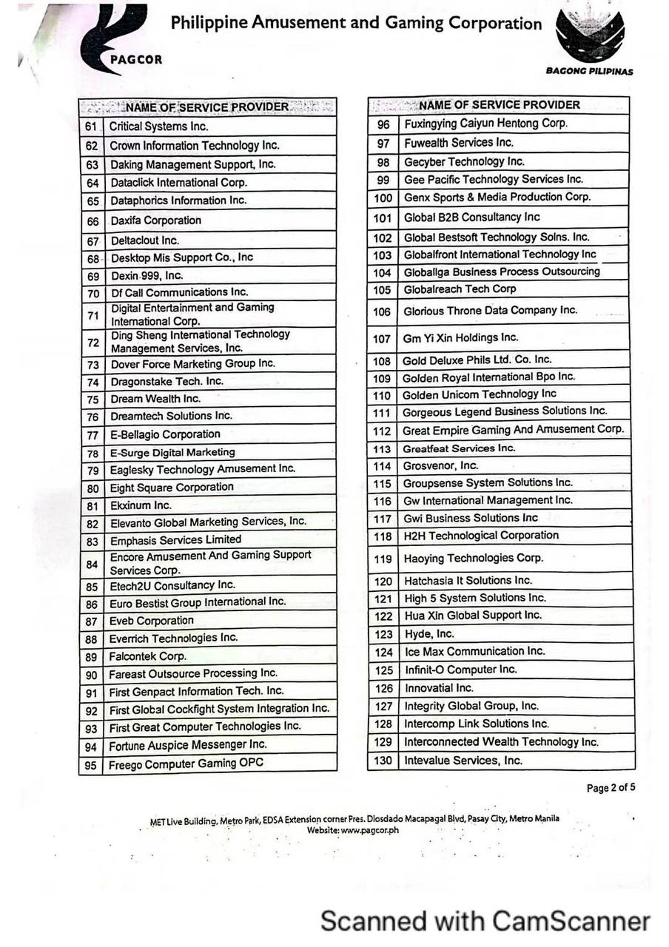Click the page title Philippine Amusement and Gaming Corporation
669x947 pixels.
356,23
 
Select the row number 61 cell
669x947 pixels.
92,127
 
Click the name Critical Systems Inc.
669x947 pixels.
158,127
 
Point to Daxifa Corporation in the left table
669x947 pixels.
155,220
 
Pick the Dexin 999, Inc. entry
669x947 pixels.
147,275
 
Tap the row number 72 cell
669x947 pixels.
93,343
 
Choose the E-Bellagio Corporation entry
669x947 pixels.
165,434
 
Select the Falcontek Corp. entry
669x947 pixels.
147,656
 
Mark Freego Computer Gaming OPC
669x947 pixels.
186,764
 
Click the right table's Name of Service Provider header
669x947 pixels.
499,105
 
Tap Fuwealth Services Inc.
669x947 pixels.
458,142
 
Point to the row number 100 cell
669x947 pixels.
383,198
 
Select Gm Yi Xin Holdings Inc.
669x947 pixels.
460,338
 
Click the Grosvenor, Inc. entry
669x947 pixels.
440,466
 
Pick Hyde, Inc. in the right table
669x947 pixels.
428,634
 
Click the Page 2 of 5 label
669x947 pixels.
611,788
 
